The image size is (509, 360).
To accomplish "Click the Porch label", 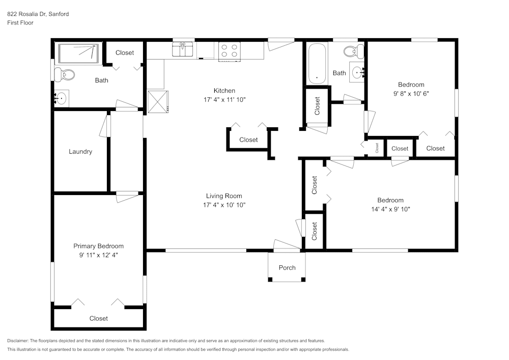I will (287, 268).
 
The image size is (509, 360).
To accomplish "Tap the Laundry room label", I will (80, 151).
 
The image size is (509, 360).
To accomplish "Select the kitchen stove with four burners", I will (229, 50).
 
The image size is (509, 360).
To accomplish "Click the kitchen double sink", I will (182, 50).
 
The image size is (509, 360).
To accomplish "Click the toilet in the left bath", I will (65, 75).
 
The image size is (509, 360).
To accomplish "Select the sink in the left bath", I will (62, 98).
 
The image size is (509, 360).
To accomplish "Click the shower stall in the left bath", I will (78, 53).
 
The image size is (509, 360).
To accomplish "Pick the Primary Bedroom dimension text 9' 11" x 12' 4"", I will (98, 255).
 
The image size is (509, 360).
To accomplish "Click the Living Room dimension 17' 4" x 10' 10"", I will (224, 205).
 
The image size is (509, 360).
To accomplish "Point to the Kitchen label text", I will (224, 91).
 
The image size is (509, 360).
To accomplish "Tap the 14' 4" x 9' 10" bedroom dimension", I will (390, 209).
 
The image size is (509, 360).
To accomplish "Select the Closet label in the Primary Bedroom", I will (99, 318).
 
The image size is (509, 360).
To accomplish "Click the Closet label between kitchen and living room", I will (248, 140).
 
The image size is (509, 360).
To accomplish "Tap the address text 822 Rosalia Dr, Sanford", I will (38, 14).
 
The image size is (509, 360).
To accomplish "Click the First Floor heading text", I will (20, 23).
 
